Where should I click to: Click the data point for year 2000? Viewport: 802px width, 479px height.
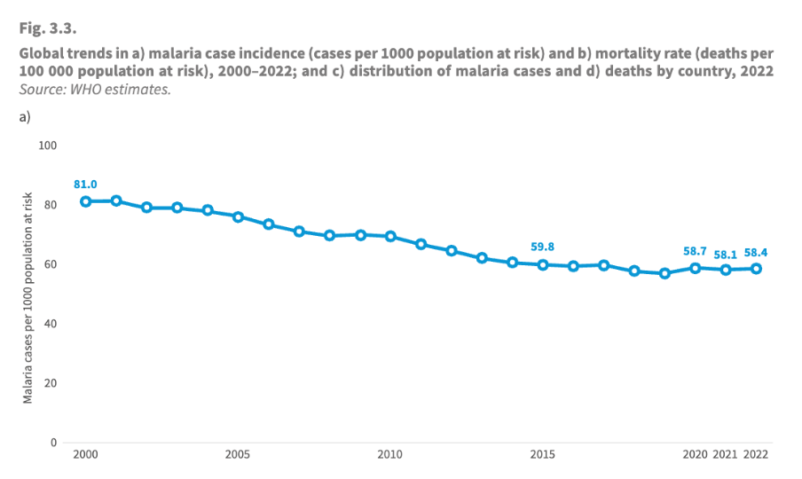[86, 201]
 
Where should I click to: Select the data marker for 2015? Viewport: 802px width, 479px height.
[543, 264]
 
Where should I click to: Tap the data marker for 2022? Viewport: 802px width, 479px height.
[757, 268]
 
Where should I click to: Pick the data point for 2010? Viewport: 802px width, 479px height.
[390, 236]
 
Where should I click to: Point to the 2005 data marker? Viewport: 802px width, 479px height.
[238, 216]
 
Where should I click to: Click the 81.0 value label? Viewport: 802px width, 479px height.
[86, 184]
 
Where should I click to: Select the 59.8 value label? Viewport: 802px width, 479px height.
[543, 247]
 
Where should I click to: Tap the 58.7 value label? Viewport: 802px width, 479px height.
[695, 251]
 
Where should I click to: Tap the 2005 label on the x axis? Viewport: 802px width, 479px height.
[238, 455]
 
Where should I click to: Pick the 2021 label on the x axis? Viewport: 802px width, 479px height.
[726, 455]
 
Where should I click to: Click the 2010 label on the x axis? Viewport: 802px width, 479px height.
[390, 455]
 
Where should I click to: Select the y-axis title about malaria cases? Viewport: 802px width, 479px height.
[28, 297]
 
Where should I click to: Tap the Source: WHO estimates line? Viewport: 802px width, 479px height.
[95, 89]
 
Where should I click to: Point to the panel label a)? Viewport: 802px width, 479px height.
[26, 116]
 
